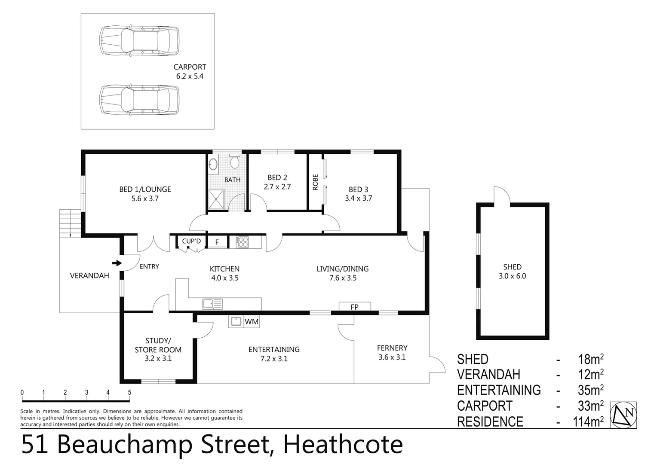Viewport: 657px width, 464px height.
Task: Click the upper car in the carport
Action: click(x=139, y=41)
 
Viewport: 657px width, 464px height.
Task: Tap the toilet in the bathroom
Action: click(x=234, y=162)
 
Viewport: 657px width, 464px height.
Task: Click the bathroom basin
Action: click(x=213, y=165)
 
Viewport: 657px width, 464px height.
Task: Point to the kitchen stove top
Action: click(x=243, y=242)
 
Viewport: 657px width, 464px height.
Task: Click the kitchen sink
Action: click(x=212, y=304)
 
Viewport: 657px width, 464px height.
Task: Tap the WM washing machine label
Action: click(x=252, y=321)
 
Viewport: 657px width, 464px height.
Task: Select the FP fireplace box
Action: click(x=355, y=307)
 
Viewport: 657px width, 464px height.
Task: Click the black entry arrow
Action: click(x=117, y=263)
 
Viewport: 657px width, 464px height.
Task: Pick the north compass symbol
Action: click(x=623, y=415)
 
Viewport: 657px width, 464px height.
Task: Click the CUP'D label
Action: click(x=191, y=241)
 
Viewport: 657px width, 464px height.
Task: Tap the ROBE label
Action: click(x=315, y=182)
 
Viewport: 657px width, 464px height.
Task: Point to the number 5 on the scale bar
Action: click(x=129, y=392)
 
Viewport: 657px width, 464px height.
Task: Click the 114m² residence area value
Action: click(x=588, y=422)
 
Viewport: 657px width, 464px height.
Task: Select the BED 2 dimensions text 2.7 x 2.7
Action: click(x=277, y=187)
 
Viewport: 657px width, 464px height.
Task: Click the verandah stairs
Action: click(x=70, y=223)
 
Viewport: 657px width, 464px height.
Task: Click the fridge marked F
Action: click(x=217, y=242)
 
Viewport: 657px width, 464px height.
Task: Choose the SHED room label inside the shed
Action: click(x=512, y=267)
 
